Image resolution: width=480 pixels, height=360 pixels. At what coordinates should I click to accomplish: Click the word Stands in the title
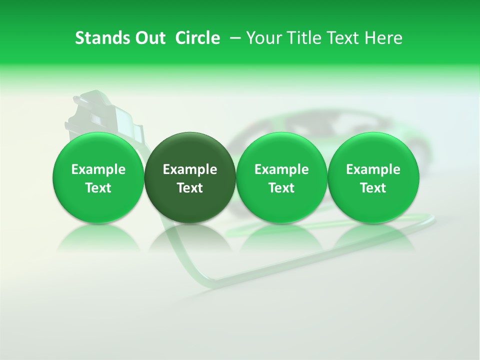pyautogui.click(x=98, y=38)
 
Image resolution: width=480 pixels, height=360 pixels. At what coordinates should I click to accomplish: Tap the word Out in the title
pyautogui.click(x=149, y=38)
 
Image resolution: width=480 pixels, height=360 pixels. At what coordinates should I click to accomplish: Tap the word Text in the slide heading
pyautogui.click(x=345, y=38)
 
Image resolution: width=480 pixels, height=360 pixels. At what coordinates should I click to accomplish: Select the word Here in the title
pyautogui.click(x=383, y=38)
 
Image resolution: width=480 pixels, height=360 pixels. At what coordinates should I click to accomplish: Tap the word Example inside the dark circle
pyautogui.click(x=190, y=169)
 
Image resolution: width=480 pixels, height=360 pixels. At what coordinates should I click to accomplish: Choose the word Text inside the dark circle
pyautogui.click(x=190, y=188)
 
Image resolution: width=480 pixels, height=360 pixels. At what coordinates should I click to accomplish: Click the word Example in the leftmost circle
pyautogui.click(x=98, y=169)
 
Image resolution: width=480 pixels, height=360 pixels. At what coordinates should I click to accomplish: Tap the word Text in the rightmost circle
pyautogui.click(x=373, y=188)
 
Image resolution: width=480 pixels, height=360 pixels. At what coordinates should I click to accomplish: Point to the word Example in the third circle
pyautogui.click(x=281, y=169)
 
